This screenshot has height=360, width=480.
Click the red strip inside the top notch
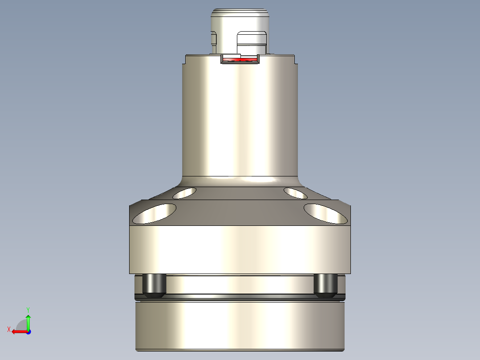point(240,59)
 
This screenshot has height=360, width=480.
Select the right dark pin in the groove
point(325,285)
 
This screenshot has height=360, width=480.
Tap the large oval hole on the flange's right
point(325,213)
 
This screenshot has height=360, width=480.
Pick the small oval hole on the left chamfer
point(185,193)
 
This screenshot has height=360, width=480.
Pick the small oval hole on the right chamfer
point(295,193)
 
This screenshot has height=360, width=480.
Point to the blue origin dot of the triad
point(28,331)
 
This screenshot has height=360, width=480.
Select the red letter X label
point(9,329)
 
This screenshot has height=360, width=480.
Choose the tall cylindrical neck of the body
point(240,120)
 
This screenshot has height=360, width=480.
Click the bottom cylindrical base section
point(240,325)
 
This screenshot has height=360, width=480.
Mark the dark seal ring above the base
point(240,297)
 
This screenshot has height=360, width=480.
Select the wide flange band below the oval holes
point(240,250)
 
